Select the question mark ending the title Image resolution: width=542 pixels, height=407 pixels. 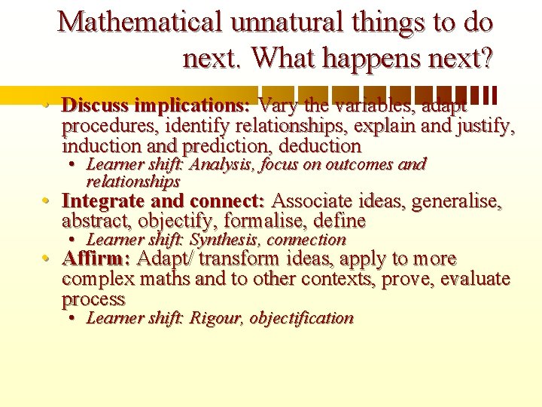point(486,57)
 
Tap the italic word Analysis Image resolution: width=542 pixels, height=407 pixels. point(222,164)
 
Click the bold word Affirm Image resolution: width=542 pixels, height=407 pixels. point(95,259)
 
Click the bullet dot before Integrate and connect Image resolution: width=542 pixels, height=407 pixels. point(47,202)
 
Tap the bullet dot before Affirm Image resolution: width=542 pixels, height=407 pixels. point(47,260)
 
